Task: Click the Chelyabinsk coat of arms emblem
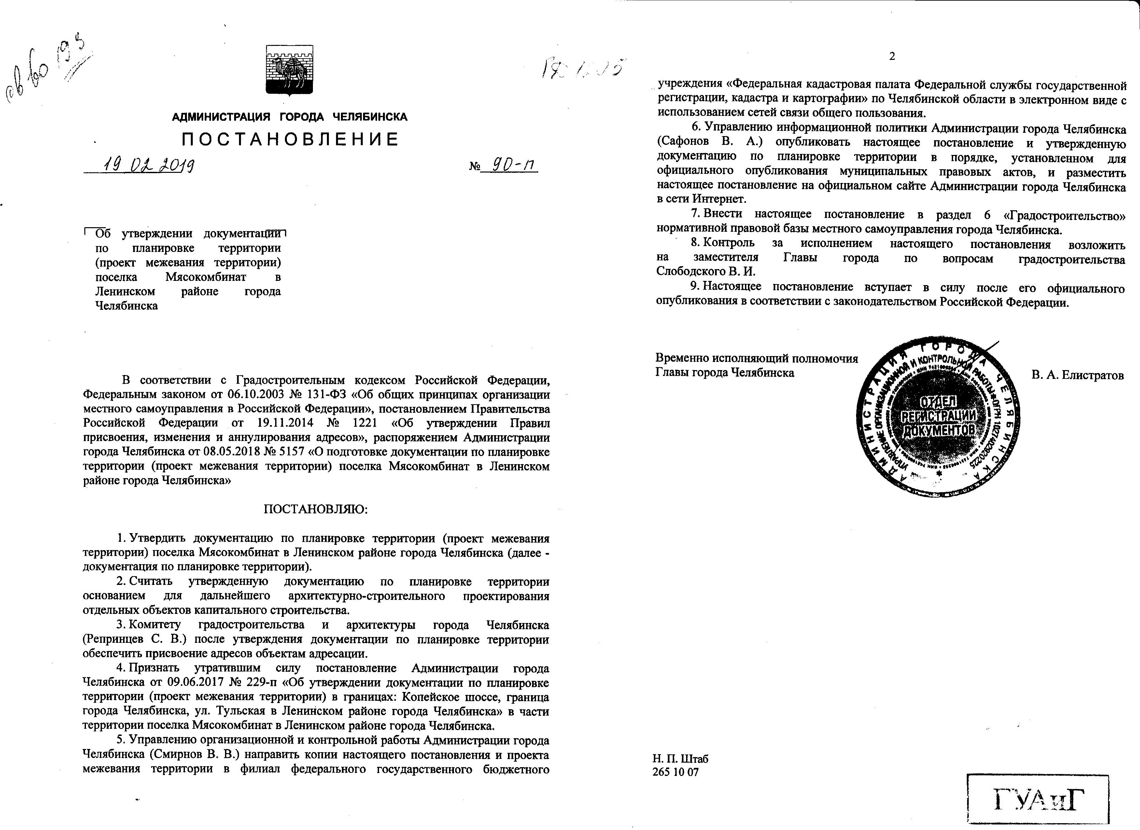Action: pos(289,70)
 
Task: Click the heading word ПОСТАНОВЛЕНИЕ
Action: pos(290,139)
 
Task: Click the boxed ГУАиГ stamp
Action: pos(1038,800)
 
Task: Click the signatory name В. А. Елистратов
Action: pos(1077,375)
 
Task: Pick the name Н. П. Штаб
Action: pos(680,759)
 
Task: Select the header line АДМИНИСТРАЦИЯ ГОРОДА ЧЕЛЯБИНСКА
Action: pos(289,117)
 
